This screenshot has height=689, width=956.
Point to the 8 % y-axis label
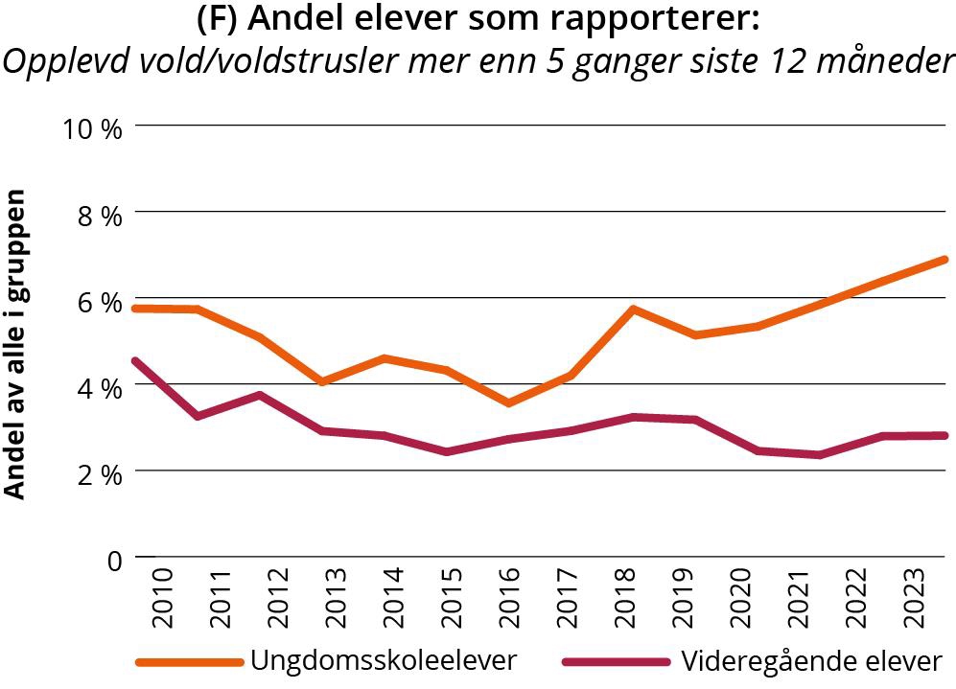coord(99,215)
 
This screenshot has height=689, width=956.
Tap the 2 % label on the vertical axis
coord(99,473)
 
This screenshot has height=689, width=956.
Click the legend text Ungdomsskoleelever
coord(384,660)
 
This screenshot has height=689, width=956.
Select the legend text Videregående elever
coord(811,660)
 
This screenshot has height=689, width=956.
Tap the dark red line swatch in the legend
coord(614,661)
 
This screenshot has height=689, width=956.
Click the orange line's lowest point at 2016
coord(507,402)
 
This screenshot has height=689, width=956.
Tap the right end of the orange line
coord(944,260)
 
